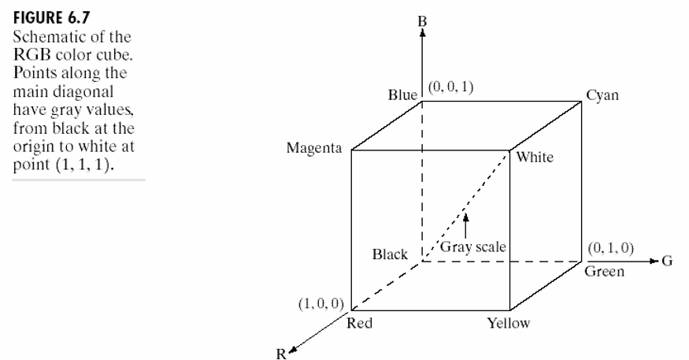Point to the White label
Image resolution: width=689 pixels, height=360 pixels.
(535, 158)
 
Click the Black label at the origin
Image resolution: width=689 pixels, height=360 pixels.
(390, 254)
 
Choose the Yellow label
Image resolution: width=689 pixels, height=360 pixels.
(509, 323)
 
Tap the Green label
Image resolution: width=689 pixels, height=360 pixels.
(605, 273)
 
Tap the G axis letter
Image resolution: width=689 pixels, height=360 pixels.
(667, 262)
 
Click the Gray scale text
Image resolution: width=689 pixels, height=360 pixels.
(472, 247)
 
